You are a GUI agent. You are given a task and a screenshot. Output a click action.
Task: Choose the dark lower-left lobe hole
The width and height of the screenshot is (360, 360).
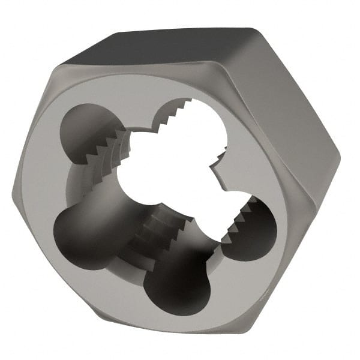[x=84, y=231]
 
